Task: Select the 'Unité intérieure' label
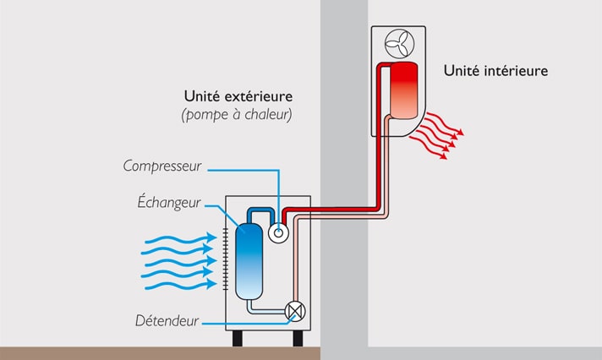(x=495, y=71)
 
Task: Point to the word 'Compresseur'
(x=162, y=166)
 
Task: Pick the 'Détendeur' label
(x=167, y=321)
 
